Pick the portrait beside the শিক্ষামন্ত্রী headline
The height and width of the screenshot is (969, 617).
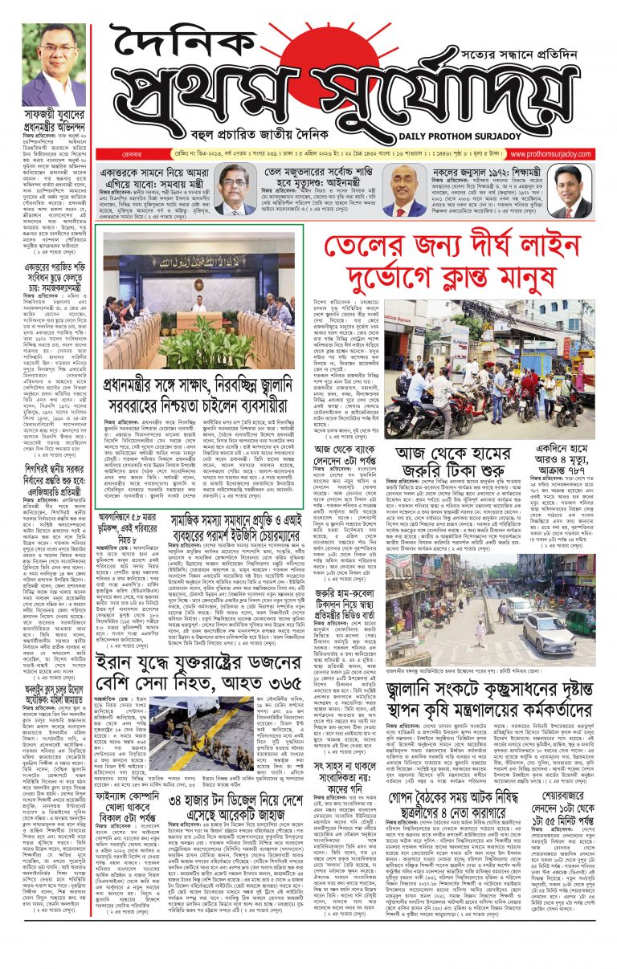click(x=570, y=191)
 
